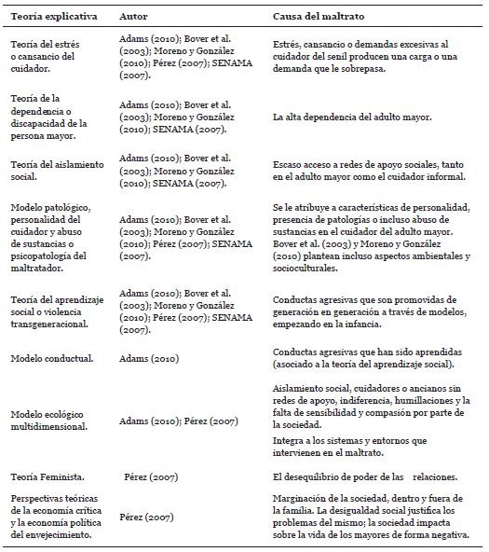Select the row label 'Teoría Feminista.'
[x=48, y=475]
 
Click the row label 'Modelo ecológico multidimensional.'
[x=53, y=421]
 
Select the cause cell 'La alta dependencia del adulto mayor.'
[x=347, y=118]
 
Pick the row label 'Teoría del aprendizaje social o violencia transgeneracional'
[x=56, y=311]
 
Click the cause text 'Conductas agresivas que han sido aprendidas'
[x=371, y=358]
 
